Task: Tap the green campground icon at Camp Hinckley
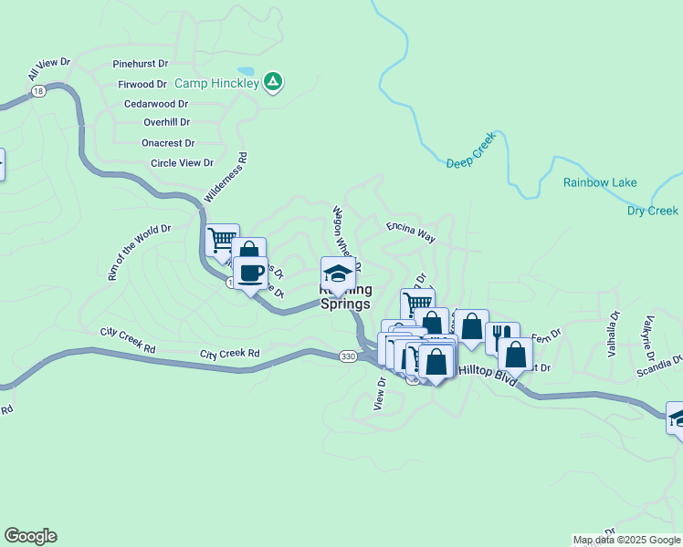(272, 83)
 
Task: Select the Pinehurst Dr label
(141, 65)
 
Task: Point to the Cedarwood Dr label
(156, 105)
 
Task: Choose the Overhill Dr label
(166, 122)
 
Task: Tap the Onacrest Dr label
(168, 143)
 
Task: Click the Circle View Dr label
(182, 163)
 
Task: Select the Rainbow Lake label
(600, 183)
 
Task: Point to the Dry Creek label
(653, 211)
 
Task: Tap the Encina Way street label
(411, 232)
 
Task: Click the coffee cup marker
(251, 272)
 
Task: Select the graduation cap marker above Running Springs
(337, 273)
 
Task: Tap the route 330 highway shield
(348, 356)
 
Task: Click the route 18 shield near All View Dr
(37, 91)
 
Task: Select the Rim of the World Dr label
(139, 252)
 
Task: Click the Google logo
(30, 536)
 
